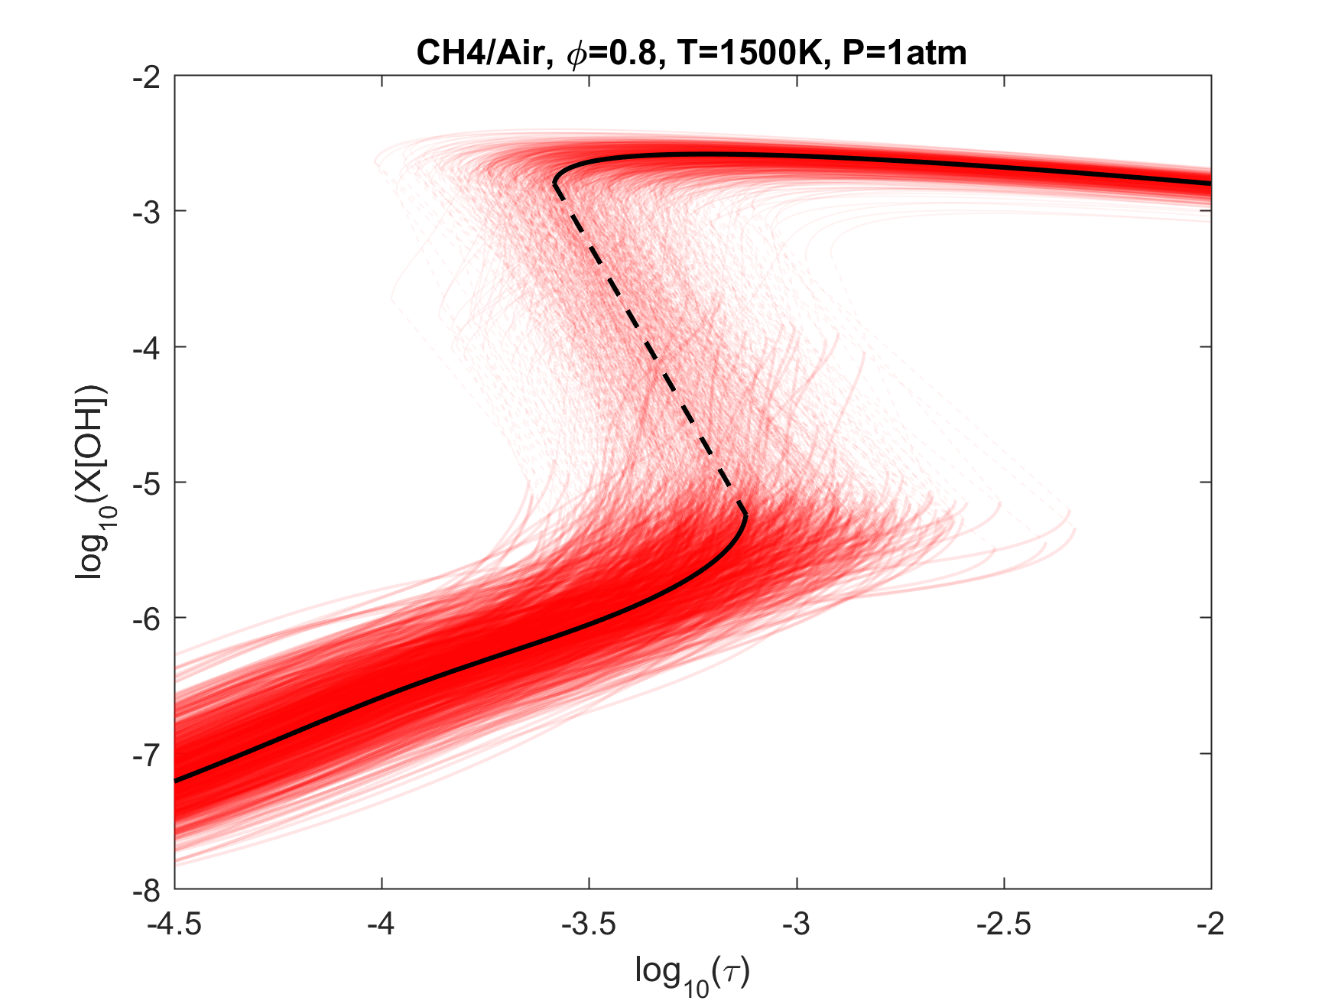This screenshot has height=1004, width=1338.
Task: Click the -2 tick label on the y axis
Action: (x=148, y=77)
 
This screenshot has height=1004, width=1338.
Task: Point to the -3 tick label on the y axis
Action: (x=148, y=213)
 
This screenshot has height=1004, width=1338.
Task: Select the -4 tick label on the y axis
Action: (x=148, y=348)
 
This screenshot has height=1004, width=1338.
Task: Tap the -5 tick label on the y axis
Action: (x=148, y=483)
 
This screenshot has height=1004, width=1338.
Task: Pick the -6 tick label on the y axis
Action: (x=148, y=619)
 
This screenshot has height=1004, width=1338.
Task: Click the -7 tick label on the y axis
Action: (x=148, y=755)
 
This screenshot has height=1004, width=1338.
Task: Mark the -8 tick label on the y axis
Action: (x=148, y=890)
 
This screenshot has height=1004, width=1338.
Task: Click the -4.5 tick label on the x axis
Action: (x=174, y=924)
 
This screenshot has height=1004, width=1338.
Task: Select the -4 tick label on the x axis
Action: (x=382, y=924)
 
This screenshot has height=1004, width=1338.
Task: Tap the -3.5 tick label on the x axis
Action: (x=589, y=924)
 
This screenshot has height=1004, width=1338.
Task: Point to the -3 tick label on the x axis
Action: (x=797, y=924)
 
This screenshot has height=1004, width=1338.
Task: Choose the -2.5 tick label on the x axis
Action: (x=1004, y=924)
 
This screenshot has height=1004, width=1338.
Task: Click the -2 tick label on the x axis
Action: (x=1211, y=924)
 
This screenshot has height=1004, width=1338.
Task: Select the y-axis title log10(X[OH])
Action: (x=92, y=482)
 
